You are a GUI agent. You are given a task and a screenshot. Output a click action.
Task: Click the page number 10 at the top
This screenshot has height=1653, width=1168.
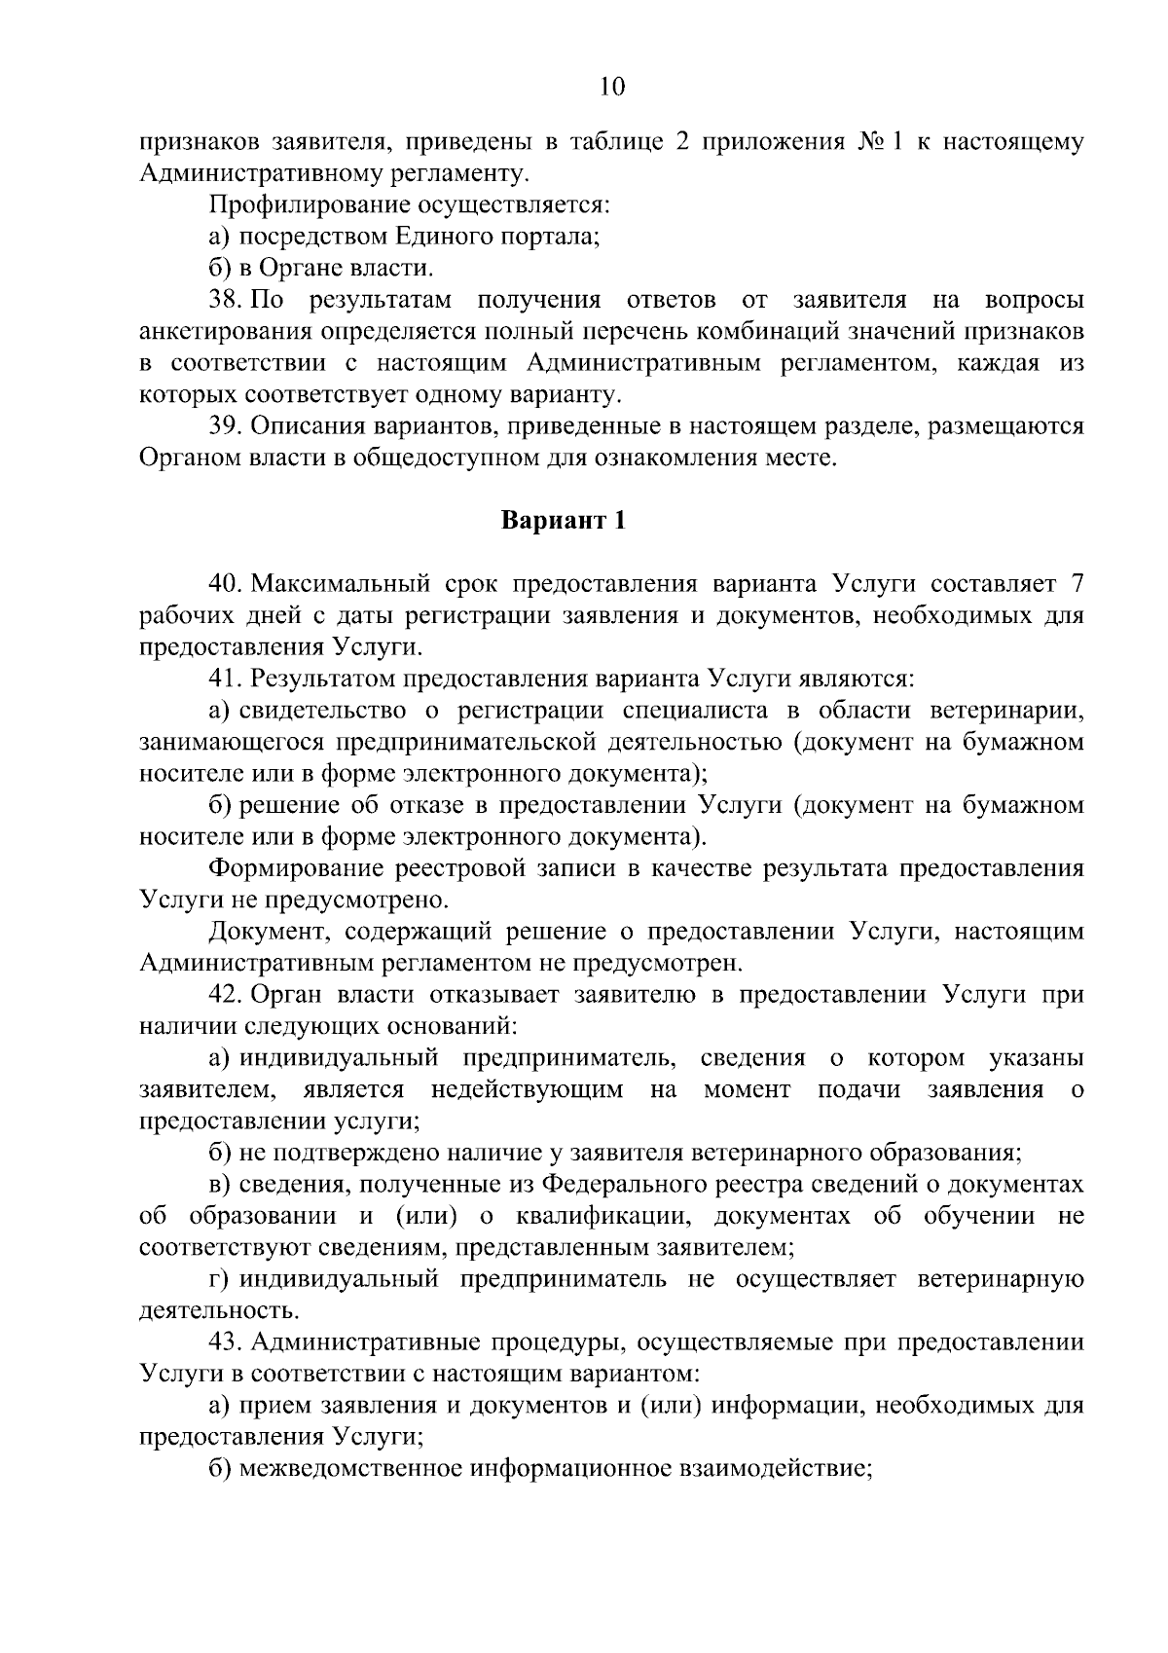(x=612, y=87)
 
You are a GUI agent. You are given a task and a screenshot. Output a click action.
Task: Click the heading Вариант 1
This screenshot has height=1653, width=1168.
(x=563, y=521)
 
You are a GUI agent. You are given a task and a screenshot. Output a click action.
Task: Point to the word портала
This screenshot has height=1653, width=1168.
(x=553, y=237)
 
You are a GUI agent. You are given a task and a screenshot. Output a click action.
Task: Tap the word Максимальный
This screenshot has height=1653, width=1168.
(x=349, y=584)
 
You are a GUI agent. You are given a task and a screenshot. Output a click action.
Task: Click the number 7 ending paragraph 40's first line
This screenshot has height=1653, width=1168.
(x=1076, y=584)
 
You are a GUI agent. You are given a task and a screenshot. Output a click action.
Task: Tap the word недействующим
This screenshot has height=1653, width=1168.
(x=527, y=1088)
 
